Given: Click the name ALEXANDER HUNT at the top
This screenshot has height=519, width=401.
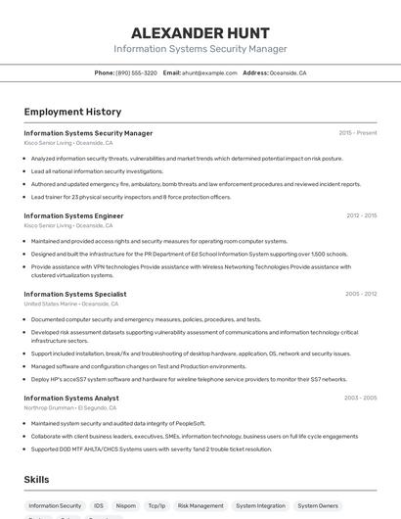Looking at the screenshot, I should (200, 32).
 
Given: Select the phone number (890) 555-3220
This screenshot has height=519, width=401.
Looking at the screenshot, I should (136, 72).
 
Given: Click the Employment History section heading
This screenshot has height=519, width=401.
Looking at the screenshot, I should (72, 112).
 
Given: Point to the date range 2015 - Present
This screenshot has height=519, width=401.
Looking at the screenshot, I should (357, 133).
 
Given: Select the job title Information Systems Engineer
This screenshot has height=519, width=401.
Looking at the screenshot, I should (73, 215).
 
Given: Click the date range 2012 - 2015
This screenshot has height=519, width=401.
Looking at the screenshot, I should (361, 215).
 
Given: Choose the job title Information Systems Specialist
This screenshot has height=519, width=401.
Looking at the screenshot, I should (75, 294).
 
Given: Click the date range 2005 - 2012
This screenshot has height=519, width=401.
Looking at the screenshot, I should (361, 294).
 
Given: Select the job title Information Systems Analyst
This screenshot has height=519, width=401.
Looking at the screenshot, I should (71, 399).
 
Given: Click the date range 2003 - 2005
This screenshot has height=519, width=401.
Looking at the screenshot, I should (360, 399).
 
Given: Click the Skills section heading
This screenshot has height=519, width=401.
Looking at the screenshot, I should (37, 480).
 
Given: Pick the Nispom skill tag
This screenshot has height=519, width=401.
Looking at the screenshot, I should (126, 506).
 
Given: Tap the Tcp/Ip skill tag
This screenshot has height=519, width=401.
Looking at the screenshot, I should (156, 506).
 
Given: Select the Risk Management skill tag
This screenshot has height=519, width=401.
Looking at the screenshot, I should (200, 506).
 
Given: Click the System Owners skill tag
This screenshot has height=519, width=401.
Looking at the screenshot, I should (318, 506).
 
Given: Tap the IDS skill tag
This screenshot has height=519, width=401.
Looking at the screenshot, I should (99, 506).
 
